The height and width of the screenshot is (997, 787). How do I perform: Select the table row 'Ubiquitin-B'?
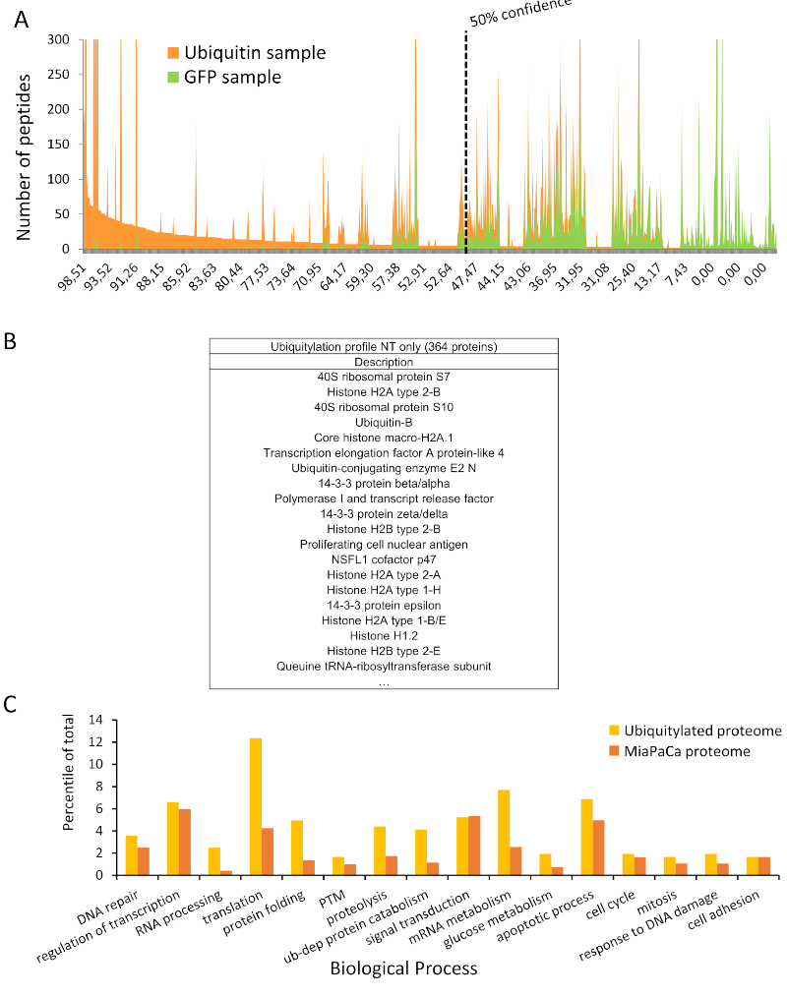[x=384, y=421]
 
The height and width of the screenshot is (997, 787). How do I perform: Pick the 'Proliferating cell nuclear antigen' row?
[x=384, y=544]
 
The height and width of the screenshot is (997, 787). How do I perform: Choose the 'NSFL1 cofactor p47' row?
[x=384, y=559]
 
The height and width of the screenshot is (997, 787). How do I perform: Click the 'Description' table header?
[x=384, y=361]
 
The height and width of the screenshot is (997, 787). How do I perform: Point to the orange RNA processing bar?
[x=226, y=872]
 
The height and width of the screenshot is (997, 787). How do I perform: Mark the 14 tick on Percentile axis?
[x=96, y=720]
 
